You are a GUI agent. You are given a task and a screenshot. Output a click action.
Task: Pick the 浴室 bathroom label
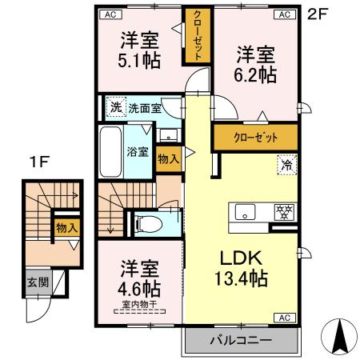[137, 150]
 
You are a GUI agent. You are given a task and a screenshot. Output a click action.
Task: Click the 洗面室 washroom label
[146, 107]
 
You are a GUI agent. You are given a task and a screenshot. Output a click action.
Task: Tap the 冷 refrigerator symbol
[286, 165]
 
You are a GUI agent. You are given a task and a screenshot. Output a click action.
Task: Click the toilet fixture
[148, 223]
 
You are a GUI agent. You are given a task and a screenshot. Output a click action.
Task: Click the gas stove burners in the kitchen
[281, 212]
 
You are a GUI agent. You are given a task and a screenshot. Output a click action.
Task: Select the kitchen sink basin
[244, 212]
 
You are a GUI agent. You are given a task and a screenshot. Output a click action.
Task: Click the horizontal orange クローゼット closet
[255, 137]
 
